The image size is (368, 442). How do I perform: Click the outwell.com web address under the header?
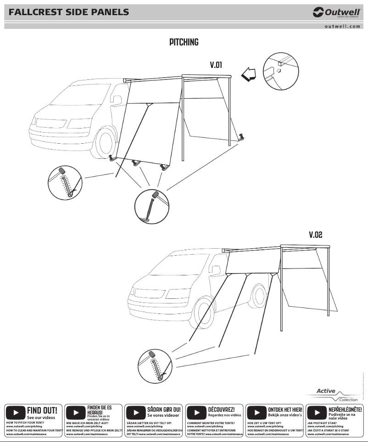pyautogui.click(x=342, y=27)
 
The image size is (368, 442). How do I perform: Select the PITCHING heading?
pyautogui.click(x=184, y=42)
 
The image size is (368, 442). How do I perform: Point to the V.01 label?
pyautogui.click(x=216, y=65)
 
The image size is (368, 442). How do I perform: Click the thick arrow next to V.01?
pyautogui.click(x=249, y=74)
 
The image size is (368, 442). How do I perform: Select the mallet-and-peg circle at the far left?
pyautogui.click(x=65, y=183)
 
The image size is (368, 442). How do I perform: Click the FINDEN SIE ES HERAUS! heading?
pyautogui.click(x=99, y=410)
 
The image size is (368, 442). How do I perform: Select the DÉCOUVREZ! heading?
pyautogui.click(x=221, y=408)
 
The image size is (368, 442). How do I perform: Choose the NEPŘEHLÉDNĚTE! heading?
pyautogui.click(x=345, y=408)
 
